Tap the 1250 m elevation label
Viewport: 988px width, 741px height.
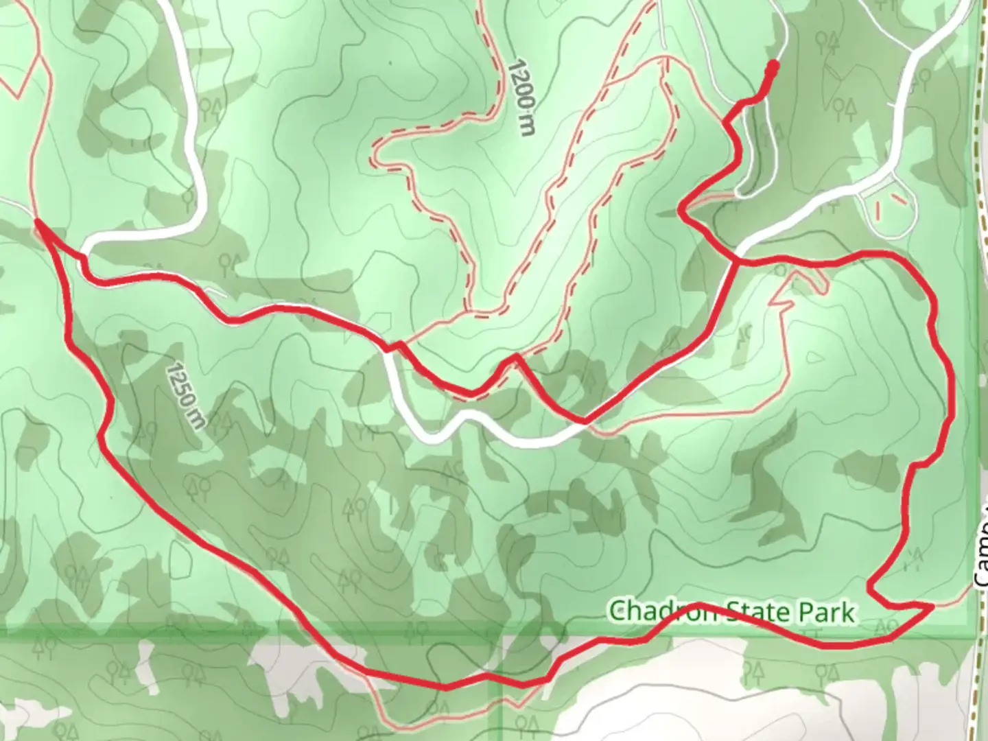pyautogui.click(x=186, y=395)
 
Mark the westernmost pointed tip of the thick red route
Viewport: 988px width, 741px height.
pyautogui.click(x=36, y=220)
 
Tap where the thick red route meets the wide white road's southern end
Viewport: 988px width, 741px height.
pyautogui.click(x=736, y=259)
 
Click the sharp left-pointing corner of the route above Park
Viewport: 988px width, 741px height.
pyautogui.click(x=869, y=587)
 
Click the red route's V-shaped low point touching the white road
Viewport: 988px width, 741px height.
pyautogui.click(x=584, y=421)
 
